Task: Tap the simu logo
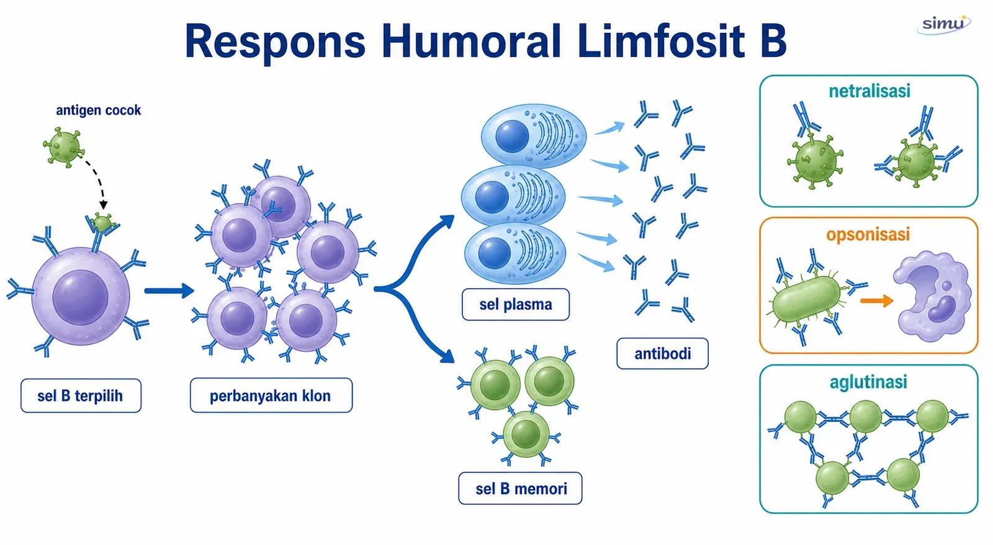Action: (x=944, y=24)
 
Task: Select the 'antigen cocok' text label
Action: (x=99, y=110)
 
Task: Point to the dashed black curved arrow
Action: (x=99, y=179)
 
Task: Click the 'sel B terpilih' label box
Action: (x=81, y=395)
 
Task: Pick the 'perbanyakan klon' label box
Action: (x=271, y=395)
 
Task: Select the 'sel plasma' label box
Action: (x=516, y=305)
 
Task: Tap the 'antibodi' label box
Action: (x=662, y=354)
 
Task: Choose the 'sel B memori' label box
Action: (x=521, y=489)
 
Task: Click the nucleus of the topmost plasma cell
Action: (x=512, y=136)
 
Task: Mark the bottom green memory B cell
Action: (x=526, y=434)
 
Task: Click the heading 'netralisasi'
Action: (x=869, y=91)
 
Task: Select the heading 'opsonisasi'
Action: (x=868, y=235)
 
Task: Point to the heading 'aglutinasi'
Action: (x=868, y=382)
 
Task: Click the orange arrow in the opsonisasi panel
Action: (x=876, y=300)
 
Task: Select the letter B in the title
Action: (x=773, y=41)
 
